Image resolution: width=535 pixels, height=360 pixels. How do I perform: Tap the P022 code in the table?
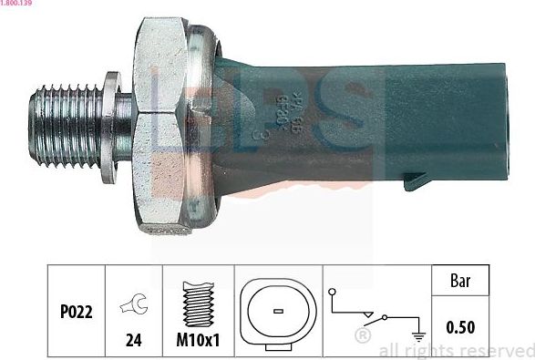point(67,313)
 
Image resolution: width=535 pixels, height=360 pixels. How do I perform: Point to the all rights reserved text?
point(456,350)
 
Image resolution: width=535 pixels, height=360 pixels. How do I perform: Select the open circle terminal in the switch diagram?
point(334,293)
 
